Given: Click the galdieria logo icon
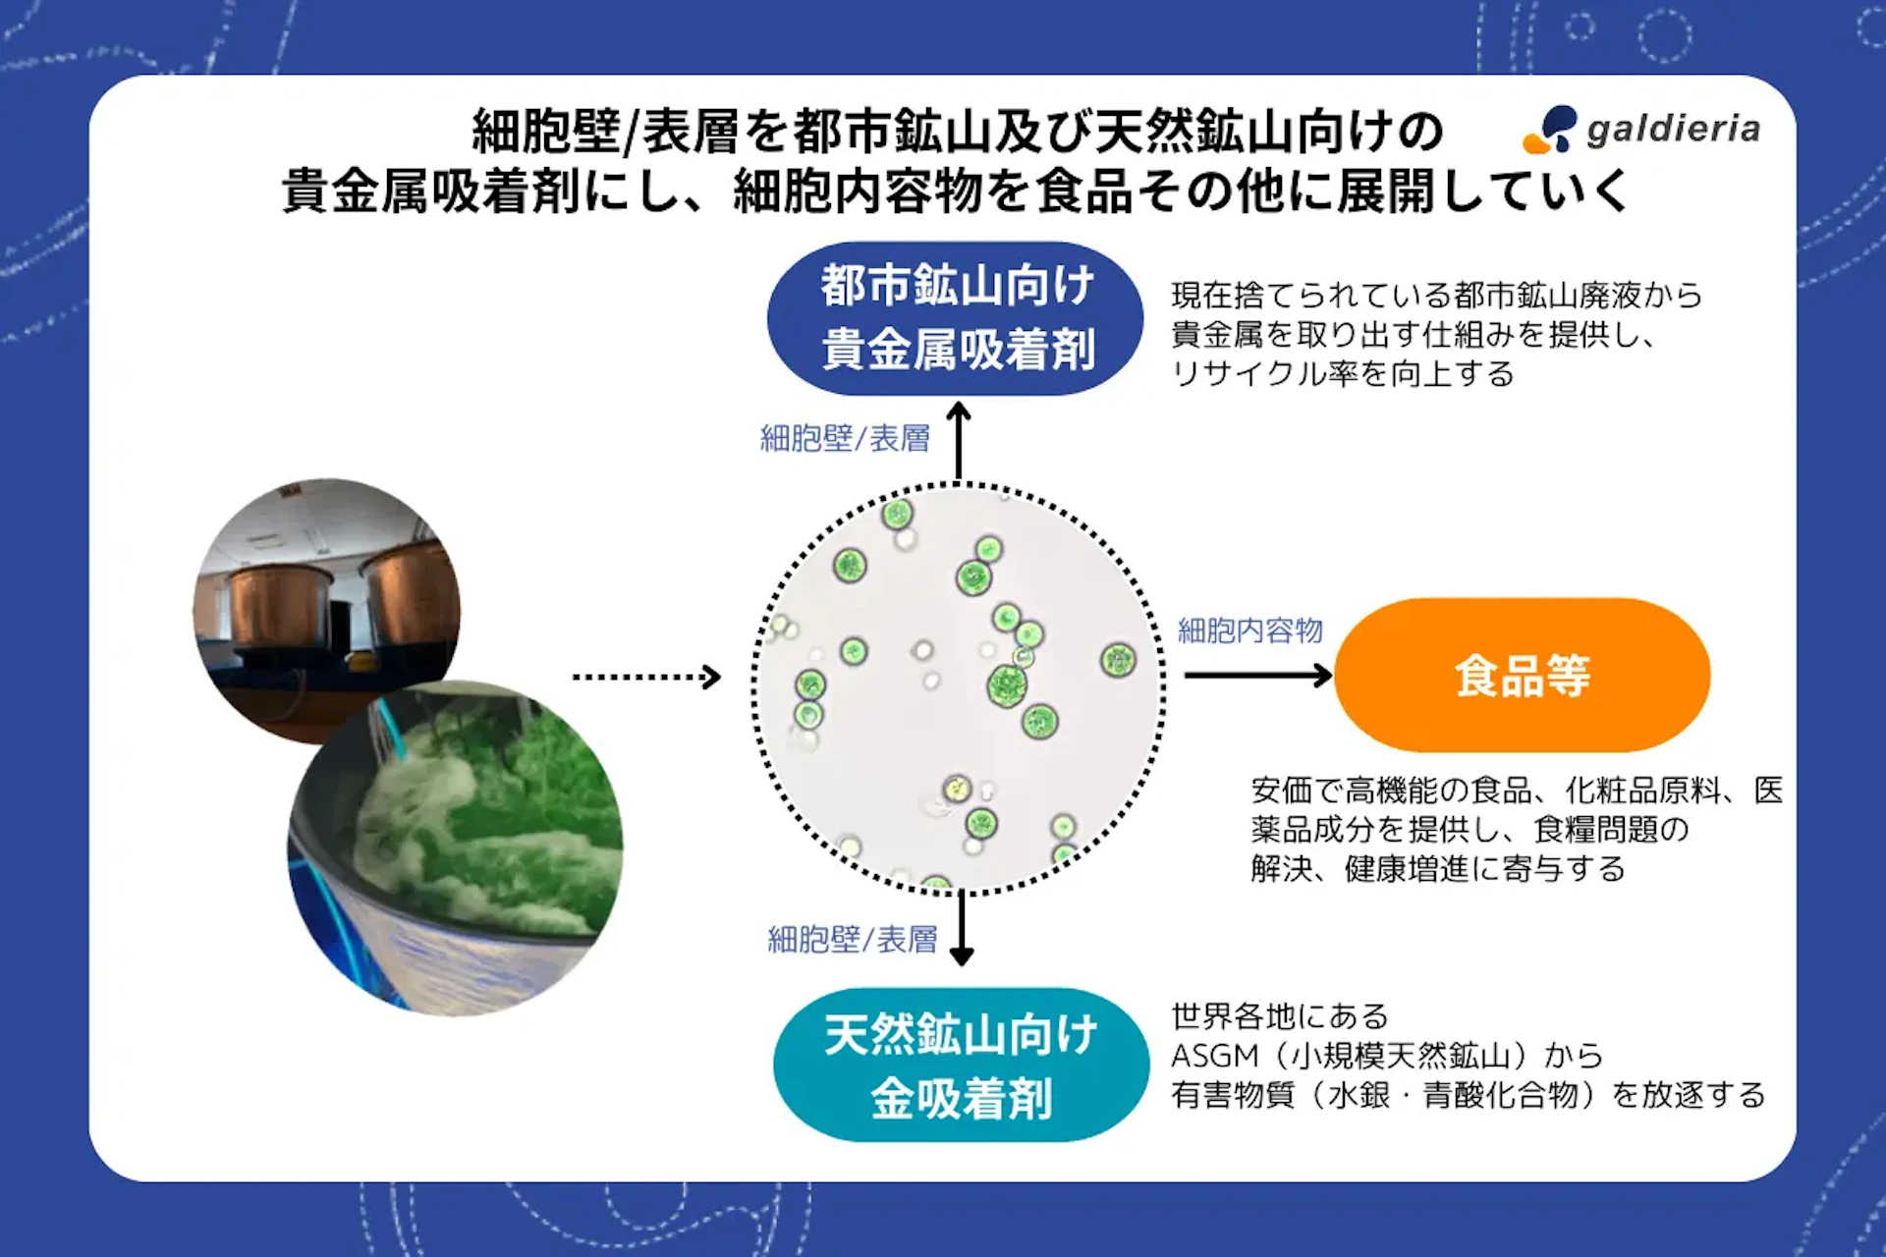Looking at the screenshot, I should pos(1550,130).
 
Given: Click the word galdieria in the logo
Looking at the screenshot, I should pos(1673,130).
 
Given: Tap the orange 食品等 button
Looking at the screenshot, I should pos(1522,676).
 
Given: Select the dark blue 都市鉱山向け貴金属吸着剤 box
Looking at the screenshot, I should pos(955,318).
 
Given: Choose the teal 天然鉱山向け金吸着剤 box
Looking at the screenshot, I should pos(961,1065).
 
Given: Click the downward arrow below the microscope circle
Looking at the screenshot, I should pos(962,929).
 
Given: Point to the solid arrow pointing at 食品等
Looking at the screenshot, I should pos(1257,676).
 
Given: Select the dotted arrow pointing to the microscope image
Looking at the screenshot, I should pos(646,677).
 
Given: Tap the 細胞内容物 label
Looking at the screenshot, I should pos(1249,630).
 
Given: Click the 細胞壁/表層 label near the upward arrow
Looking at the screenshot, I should pos(845,438).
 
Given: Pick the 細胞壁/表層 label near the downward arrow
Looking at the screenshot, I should pos(852,940).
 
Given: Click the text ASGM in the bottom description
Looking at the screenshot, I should pos(1214,1056).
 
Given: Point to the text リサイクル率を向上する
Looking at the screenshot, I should pos(1342,374).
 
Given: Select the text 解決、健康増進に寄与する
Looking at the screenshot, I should pos(1437,869).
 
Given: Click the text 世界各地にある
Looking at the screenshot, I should pos(1279,1016).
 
